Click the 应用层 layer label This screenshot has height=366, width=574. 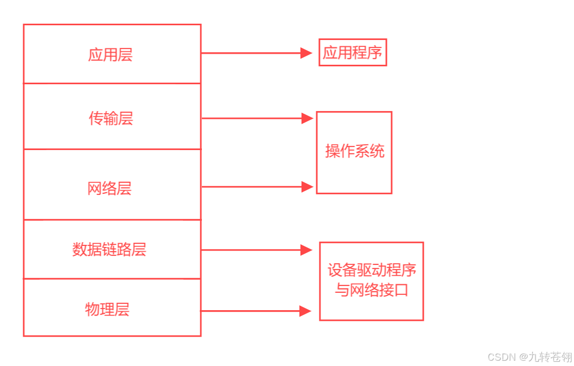click(110, 55)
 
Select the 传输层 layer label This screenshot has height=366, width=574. click(111, 118)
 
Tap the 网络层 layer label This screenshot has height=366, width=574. click(110, 188)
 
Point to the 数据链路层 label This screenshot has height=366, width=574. click(109, 249)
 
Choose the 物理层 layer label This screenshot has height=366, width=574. click(107, 309)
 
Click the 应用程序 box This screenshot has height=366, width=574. click(353, 53)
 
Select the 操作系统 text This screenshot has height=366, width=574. click(355, 152)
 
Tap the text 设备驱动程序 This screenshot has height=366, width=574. click(372, 270)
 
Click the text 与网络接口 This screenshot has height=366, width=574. click(372, 290)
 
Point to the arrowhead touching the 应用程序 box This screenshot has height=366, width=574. click(307, 53)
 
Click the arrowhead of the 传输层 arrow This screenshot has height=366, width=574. click(307, 118)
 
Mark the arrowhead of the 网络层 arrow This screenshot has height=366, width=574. click(307, 186)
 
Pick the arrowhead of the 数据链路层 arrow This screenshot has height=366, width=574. click(306, 250)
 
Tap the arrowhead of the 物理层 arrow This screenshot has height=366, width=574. click(305, 311)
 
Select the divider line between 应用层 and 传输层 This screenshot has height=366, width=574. click(112, 83)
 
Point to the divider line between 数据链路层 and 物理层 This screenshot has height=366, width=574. click(112, 279)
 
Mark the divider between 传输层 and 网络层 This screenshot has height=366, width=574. click(112, 149)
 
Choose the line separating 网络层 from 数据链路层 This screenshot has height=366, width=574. click(112, 220)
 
